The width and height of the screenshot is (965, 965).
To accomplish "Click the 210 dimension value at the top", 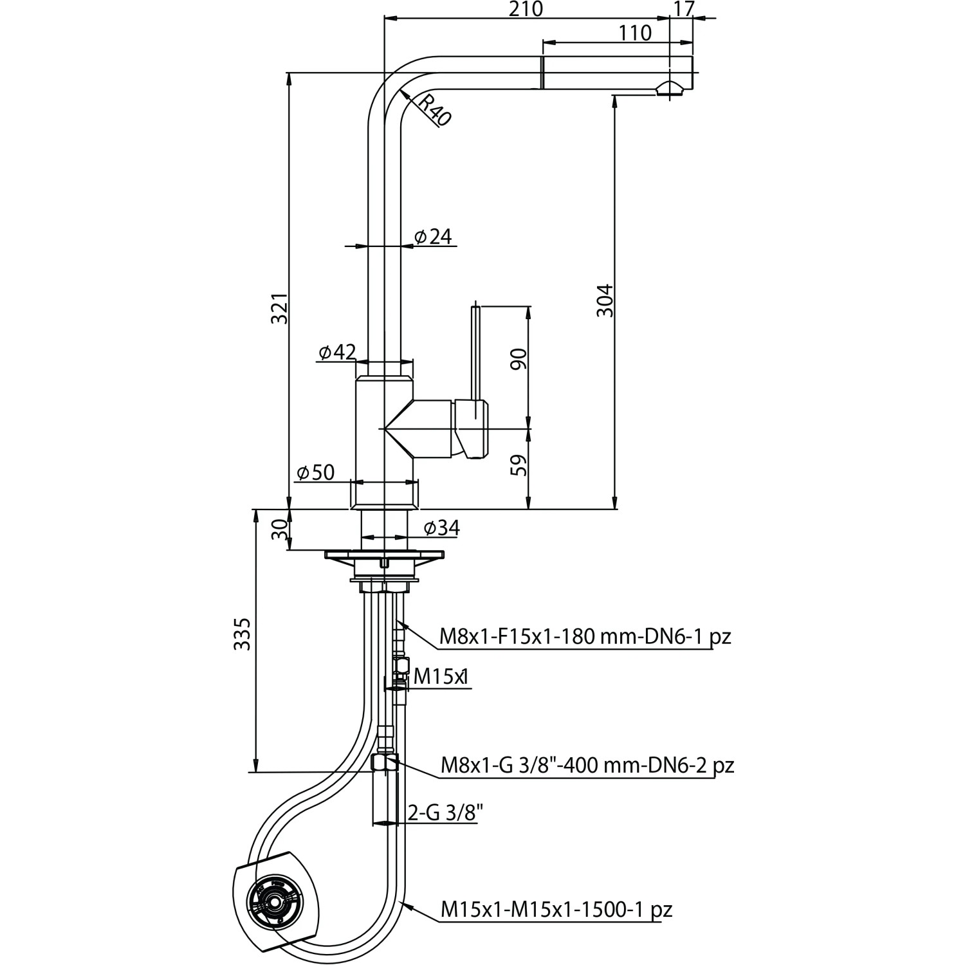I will [x=525, y=9].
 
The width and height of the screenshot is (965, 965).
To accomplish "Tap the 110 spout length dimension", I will [x=636, y=33].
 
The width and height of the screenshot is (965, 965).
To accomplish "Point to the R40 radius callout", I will [x=432, y=109].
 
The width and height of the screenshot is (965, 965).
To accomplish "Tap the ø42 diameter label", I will [x=336, y=352].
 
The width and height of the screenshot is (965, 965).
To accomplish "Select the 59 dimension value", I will [x=519, y=464].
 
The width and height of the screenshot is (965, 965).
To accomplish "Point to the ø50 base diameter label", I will [x=315, y=473].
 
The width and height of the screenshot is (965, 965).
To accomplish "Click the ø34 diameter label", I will [x=441, y=528].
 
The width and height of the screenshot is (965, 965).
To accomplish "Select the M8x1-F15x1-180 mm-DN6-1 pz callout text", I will [x=585, y=637].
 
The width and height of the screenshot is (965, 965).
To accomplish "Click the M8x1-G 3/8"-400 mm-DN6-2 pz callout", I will [x=587, y=766].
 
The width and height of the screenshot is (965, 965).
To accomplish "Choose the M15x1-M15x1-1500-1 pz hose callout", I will [x=556, y=910].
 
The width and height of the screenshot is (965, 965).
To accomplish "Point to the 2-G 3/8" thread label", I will [x=445, y=813].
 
